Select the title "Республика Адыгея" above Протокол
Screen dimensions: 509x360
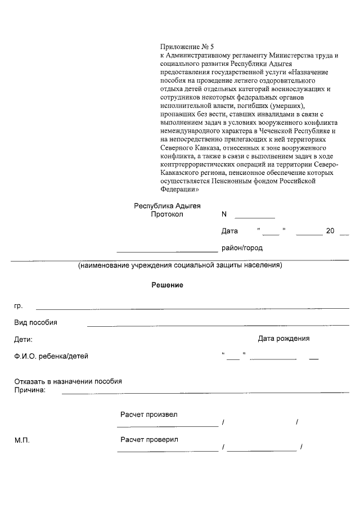coord(167,206)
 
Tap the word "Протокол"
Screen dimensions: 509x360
coord(167,215)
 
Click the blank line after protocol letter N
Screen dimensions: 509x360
coord(254,217)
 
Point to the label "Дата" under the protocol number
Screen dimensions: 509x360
coord(229,231)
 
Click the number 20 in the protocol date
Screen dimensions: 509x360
coord(331,231)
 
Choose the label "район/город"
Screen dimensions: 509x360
coord(242,247)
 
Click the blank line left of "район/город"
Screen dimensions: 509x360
coord(166,251)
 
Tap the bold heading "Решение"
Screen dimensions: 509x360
coord(167,285)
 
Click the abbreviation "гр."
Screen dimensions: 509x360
coord(18,306)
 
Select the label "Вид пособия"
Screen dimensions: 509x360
coord(35,323)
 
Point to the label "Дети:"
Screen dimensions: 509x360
coord(24,339)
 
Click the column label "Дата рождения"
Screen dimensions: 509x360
coord(283,339)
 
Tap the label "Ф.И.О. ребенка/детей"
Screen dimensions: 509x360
coord(51,356)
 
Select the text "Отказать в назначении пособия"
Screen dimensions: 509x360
coord(68,381)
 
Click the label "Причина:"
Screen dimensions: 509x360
coord(30,390)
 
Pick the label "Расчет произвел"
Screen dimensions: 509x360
coord(148,415)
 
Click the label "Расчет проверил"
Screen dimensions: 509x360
coord(149,439)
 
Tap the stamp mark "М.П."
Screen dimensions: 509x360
coord(22,440)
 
